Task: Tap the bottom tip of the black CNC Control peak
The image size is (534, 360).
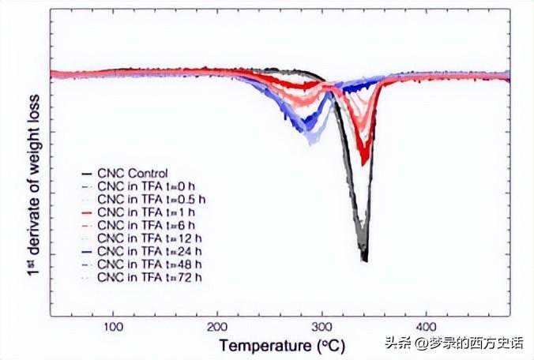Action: (x=364, y=259)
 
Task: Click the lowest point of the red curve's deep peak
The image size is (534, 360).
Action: (x=364, y=163)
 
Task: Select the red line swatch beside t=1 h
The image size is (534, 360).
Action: (x=87, y=213)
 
